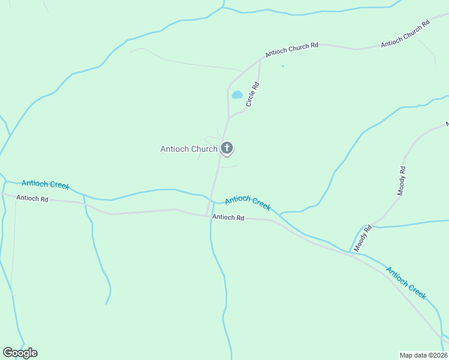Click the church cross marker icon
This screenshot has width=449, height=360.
tap(227, 148)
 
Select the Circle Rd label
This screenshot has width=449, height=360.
tap(253, 95)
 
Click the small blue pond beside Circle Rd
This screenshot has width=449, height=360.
tap(237, 95)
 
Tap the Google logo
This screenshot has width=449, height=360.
tap(20, 353)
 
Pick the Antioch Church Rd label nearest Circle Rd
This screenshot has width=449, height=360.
tap(291, 49)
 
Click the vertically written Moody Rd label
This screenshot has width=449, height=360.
tap(402, 181)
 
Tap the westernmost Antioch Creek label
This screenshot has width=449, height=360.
tap(46, 184)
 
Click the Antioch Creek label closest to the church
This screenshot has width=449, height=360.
tap(247, 203)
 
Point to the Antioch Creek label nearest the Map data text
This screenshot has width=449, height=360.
tap(406, 283)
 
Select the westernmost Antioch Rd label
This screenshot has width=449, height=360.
tap(32, 198)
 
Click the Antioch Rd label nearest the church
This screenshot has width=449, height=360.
tap(228, 218)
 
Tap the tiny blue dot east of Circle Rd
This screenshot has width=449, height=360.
tap(282, 66)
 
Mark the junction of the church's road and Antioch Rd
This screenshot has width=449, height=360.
tap(208, 215)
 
